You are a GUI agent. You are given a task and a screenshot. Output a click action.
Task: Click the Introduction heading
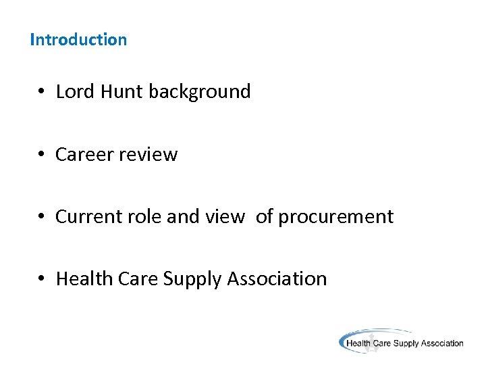click(x=78, y=39)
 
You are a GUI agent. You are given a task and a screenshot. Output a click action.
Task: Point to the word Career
click(x=84, y=154)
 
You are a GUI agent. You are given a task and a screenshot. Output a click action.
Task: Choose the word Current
click(x=83, y=216)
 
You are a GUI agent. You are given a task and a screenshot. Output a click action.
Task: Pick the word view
click(x=227, y=216)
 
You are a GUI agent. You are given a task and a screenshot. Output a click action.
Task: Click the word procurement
click(x=335, y=216)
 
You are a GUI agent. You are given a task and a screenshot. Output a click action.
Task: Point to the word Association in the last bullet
click(x=277, y=278)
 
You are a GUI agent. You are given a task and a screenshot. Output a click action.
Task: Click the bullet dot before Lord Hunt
click(x=41, y=92)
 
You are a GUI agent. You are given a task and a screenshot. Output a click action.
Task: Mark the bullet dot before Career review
click(x=41, y=155)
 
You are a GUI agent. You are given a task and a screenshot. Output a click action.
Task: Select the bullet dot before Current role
click(x=41, y=217)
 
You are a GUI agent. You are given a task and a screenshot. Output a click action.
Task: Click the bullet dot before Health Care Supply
click(x=41, y=279)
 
